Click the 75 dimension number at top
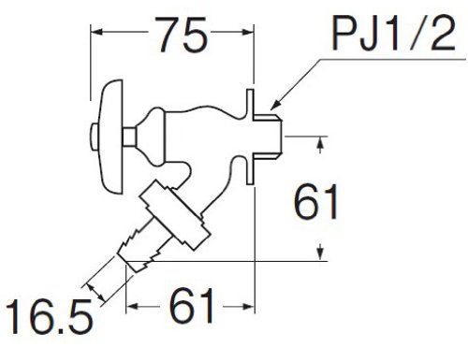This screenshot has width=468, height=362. pos(183,35)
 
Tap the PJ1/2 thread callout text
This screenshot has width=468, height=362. pos(394,33)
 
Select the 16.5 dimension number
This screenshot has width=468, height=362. pos(49,317)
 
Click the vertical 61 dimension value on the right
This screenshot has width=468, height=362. pos(315,201)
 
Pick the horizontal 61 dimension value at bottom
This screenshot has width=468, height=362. pos(192,307)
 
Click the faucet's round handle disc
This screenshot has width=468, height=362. pos(109,137)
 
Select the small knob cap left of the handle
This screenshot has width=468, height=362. pos(94,137)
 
